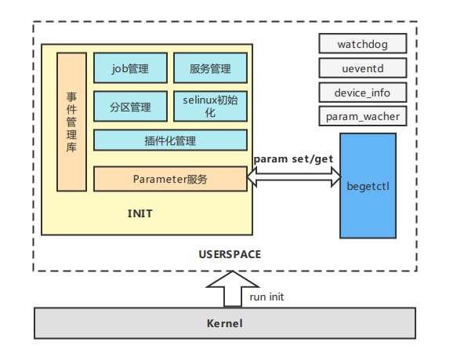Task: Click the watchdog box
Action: pyautogui.click(x=363, y=43)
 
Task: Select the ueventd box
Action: pyautogui.click(x=363, y=68)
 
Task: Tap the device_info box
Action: pyautogui.click(x=363, y=93)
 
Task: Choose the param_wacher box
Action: pyautogui.click(x=363, y=116)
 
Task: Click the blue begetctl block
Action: pyautogui.click(x=368, y=186)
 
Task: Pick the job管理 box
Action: pyautogui.click(x=130, y=68)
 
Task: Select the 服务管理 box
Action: pyautogui.click(x=210, y=68)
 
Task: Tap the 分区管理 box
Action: pyautogui.click(x=130, y=106)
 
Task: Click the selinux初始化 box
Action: pyautogui.click(x=210, y=106)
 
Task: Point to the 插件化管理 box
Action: pyautogui.click(x=170, y=140)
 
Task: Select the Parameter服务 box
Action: pyautogui.click(x=170, y=179)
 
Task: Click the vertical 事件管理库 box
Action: pyautogui.click(x=71, y=122)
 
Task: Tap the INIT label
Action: pyautogui.click(x=140, y=214)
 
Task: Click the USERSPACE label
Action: pyautogui.click(x=230, y=254)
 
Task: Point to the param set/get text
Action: pyautogui.click(x=293, y=159)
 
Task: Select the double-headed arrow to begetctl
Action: pyautogui.click(x=294, y=177)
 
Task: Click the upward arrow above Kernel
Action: pyautogui.click(x=233, y=289)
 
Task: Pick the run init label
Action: pyautogui.click(x=267, y=297)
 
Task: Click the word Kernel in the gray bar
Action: pyautogui.click(x=225, y=323)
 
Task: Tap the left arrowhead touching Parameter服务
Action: pyautogui.click(x=252, y=177)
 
